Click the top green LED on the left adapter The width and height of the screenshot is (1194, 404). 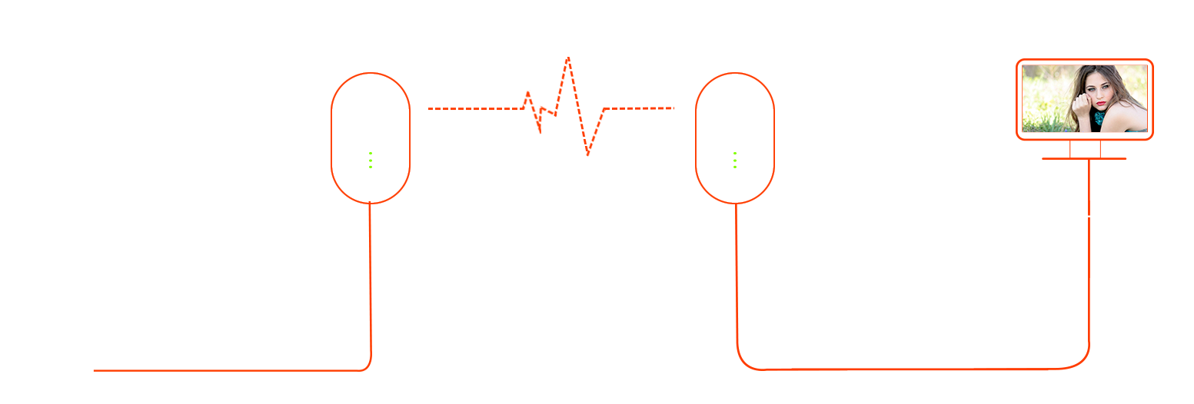click(371, 154)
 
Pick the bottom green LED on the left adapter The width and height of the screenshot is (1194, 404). click(371, 167)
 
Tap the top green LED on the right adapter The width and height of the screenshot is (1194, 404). click(735, 154)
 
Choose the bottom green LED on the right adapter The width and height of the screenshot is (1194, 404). click(735, 167)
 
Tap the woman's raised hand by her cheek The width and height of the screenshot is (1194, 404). click(1083, 104)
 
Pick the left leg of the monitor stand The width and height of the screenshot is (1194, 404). click(1069, 149)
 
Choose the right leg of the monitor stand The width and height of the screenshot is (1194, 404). click(1100, 149)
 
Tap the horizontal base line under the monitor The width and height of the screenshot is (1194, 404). click(1084, 158)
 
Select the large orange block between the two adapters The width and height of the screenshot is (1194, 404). click(550, 108)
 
